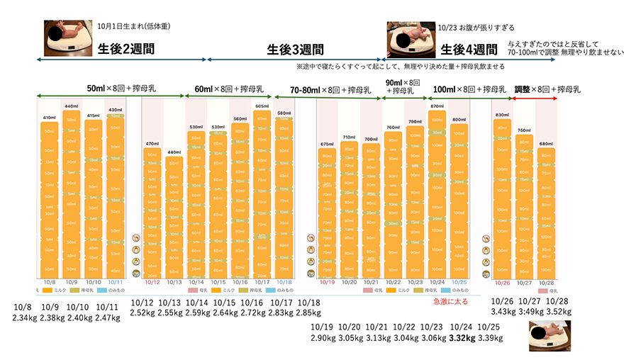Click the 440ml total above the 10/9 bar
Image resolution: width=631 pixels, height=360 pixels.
pyautogui.click(x=71, y=106)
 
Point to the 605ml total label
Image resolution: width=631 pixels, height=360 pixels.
pyautogui.click(x=262, y=106)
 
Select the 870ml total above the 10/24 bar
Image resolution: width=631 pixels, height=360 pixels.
pyautogui.click(x=437, y=106)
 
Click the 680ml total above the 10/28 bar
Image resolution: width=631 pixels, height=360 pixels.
pyautogui.click(x=546, y=143)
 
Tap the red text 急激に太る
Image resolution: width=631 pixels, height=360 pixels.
pyautogui.click(x=450, y=301)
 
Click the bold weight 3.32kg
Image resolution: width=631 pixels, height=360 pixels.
pyautogui.click(x=462, y=338)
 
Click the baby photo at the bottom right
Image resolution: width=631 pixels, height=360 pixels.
pyautogui.click(x=550, y=336)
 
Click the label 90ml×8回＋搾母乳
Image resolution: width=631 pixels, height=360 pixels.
pyautogui.click(x=401, y=86)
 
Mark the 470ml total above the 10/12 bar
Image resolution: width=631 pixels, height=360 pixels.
pyautogui.click(x=152, y=144)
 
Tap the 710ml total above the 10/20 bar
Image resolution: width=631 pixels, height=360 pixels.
pyautogui.click(x=349, y=137)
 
